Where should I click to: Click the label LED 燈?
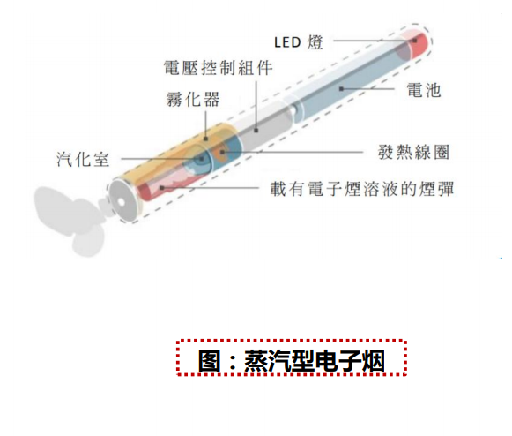[299, 42]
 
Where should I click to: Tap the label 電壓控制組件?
[219, 68]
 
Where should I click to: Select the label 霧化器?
[193, 99]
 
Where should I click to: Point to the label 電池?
[424, 90]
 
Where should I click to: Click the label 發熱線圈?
[413, 152]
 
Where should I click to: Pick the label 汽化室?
[83, 159]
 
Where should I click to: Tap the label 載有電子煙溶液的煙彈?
[362, 189]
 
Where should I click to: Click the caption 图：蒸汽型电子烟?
[292, 360]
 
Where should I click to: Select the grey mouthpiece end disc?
[122, 200]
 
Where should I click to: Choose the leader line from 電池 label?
[367, 88]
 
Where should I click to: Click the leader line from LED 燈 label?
[375, 41]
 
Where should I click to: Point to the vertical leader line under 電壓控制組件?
[256, 106]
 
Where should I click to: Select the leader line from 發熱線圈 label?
[293, 152]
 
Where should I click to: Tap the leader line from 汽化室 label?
[162, 159]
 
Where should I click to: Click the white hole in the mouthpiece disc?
[121, 202]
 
